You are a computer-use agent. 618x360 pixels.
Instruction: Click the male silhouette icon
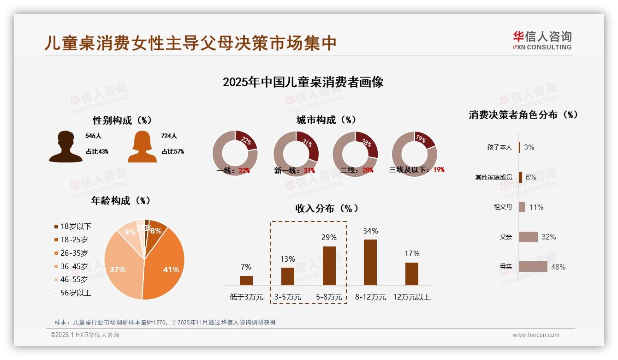pos(65,147)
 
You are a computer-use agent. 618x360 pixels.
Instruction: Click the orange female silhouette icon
pos(142,147)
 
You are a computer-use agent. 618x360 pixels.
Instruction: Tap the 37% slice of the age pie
pos(121,268)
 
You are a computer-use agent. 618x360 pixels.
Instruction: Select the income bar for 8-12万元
pos(370,262)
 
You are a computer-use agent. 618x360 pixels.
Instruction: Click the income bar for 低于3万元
pos(246,280)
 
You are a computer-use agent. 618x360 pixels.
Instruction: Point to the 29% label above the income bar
pos(329,237)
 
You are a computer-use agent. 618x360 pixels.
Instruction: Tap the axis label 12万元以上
pos(411,297)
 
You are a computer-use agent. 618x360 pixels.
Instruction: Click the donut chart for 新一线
pos(296,153)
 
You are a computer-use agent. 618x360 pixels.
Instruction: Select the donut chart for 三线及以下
pos(414,153)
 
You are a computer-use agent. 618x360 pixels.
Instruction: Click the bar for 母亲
pos(533,267)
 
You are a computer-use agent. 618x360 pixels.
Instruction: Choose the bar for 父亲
pos(528,237)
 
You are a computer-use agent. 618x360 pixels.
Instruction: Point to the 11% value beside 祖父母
pos(536,207)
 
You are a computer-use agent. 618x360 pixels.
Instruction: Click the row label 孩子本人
pos(499,147)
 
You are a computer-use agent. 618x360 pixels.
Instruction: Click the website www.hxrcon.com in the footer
pos(536,335)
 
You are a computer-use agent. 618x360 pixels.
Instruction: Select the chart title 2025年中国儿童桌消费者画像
pos(303,82)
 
